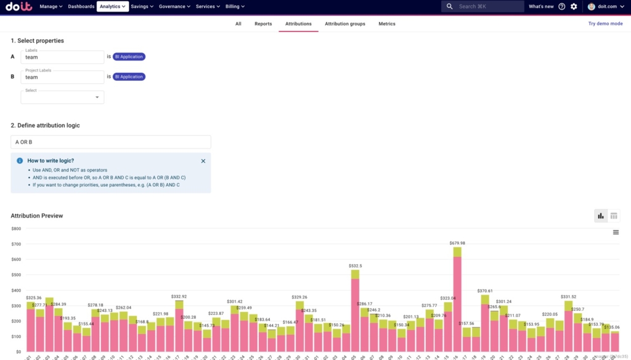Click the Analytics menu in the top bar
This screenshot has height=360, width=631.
pyautogui.click(x=113, y=6)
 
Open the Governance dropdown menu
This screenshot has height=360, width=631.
pyautogui.click(x=175, y=6)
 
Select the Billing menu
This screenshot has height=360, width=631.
pyautogui.click(x=235, y=6)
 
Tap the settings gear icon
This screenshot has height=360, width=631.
pyautogui.click(x=574, y=6)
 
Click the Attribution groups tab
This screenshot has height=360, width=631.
pyautogui.click(x=344, y=24)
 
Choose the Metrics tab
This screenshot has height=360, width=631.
pyautogui.click(x=387, y=24)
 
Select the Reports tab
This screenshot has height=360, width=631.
pyautogui.click(x=263, y=24)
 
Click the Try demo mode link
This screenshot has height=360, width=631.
pyautogui.click(x=605, y=23)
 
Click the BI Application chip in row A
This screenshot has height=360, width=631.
pyautogui.click(x=129, y=57)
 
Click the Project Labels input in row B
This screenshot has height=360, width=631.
pyautogui.click(x=62, y=77)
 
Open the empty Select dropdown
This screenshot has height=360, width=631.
pyautogui.click(x=62, y=97)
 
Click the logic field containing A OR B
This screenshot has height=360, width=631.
pyautogui.click(x=111, y=142)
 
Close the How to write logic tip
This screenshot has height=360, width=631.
pyautogui.click(x=203, y=161)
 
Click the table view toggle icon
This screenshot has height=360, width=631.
pyautogui.click(x=614, y=216)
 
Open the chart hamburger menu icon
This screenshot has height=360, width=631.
pyautogui.click(x=616, y=232)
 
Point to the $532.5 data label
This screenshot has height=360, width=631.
pyautogui.click(x=356, y=266)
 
